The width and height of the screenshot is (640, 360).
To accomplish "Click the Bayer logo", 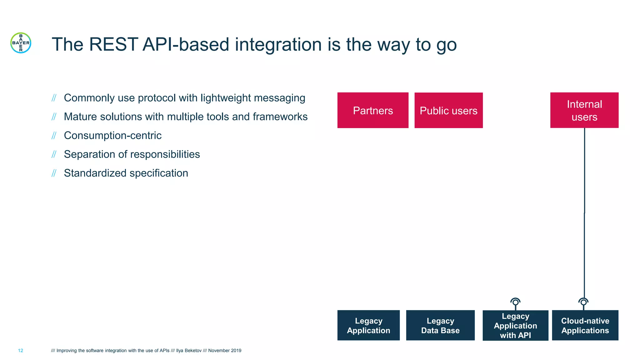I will click(21, 43).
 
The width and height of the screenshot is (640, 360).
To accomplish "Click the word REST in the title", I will click(113, 44).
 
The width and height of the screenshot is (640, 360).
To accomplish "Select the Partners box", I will click(372, 110).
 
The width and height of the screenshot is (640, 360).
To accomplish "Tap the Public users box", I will click(448, 110).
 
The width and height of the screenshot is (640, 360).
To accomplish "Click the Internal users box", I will click(584, 110).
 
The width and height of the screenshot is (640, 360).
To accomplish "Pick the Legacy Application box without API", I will click(368, 325).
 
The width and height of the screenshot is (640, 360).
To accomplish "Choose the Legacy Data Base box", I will click(440, 325).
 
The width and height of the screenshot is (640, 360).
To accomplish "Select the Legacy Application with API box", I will click(515, 325).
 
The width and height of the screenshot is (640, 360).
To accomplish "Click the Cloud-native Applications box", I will click(585, 325).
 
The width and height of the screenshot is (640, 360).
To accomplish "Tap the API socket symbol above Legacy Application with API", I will click(515, 302).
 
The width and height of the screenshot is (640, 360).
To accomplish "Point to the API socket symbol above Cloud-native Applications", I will click(583, 302).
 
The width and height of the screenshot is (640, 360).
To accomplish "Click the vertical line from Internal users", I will click(584, 212).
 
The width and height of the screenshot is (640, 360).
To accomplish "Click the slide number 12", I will click(21, 351).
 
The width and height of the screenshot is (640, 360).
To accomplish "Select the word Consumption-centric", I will click(112, 136).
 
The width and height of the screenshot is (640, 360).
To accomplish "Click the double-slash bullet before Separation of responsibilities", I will click(54, 154).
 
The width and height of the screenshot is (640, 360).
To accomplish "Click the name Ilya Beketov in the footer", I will click(188, 351).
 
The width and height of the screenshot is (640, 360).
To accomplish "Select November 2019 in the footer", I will click(225, 351).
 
